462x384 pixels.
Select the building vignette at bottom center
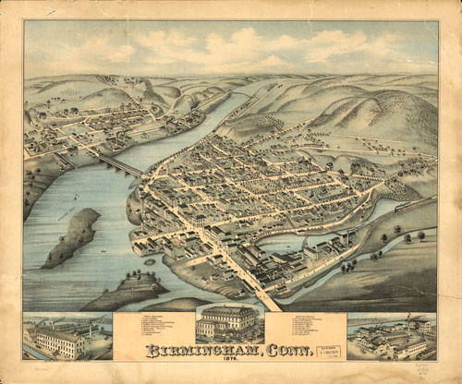click(228, 324)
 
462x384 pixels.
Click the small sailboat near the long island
click(61, 214)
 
